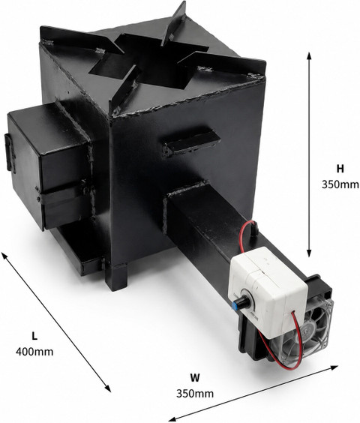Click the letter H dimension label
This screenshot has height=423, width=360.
coord(340,169)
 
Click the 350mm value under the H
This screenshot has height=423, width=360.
coord(340,184)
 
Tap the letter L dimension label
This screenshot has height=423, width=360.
coord(34,336)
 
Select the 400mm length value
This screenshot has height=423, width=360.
coord(34,352)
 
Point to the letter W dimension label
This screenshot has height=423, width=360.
coord(195,378)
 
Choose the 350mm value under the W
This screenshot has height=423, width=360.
coord(195,393)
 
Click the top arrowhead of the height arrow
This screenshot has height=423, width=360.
coord(309,55)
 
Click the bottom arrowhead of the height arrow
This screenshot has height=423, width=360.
coord(309,253)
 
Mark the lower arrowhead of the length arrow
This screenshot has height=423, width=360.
coord(108,388)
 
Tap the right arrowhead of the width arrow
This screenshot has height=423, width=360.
coord(334,367)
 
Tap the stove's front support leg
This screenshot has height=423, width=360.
coord(116,277)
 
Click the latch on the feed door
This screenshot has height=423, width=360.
coord(9,152)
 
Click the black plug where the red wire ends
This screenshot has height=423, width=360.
coord(253,230)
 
